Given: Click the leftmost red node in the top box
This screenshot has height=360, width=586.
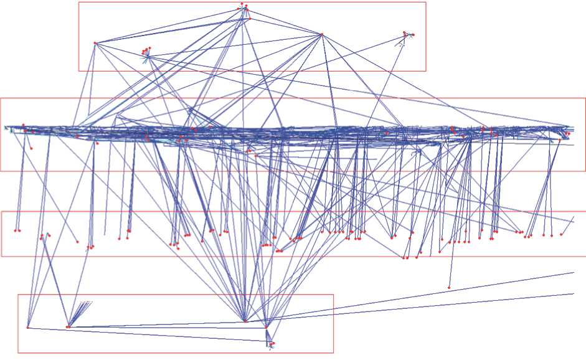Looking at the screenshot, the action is click(x=95, y=42).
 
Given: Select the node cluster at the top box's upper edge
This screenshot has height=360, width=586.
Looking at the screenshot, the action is click(x=244, y=7).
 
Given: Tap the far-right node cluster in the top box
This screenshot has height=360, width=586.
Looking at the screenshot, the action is click(x=406, y=34).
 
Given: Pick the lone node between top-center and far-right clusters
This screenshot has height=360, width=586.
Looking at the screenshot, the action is click(x=322, y=34).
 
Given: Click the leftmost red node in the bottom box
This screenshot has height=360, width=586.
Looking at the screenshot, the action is click(x=28, y=327).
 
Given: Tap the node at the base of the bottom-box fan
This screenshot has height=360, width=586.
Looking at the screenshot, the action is click(x=69, y=326).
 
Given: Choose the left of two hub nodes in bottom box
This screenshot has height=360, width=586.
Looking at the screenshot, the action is click(x=245, y=321).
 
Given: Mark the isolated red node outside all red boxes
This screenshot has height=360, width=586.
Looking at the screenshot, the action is click(x=449, y=287).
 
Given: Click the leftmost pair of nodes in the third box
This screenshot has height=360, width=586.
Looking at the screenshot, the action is click(x=18, y=230).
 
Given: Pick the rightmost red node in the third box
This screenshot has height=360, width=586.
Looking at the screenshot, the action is click(x=561, y=235).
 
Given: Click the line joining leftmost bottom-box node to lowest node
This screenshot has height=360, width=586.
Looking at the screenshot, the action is click(x=149, y=334).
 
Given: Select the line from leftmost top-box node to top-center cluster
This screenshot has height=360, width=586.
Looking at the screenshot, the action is click(x=168, y=24).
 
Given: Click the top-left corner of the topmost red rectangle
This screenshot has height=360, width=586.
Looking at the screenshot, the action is click(x=78, y=2).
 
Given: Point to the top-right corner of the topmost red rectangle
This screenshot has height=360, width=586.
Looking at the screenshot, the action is click(x=426, y=2).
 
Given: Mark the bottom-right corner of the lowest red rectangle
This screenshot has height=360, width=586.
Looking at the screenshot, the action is click(x=333, y=353).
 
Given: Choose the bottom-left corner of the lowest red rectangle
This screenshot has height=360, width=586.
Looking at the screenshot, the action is click(x=17, y=353).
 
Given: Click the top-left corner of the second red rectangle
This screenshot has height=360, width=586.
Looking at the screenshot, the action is click(x=1, y=98).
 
